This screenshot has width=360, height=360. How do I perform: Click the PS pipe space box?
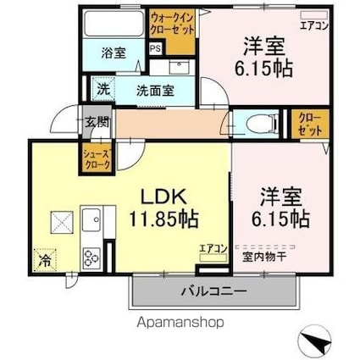(x=155, y=48)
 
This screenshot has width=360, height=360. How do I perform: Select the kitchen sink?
(x=91, y=220)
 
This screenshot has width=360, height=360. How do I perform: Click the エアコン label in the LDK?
(x=212, y=248)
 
